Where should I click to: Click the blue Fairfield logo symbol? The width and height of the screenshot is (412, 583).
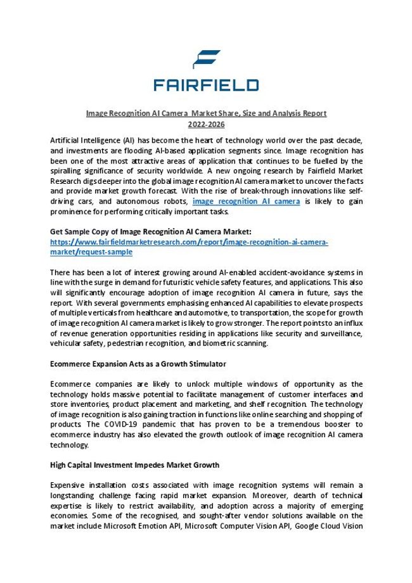206,58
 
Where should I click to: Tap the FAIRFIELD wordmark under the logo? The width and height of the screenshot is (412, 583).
206,85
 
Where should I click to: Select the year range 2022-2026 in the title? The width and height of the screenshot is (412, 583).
206,124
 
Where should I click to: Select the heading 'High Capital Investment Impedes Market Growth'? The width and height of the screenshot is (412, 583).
134,464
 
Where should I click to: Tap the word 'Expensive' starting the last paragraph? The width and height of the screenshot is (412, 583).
68,484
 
